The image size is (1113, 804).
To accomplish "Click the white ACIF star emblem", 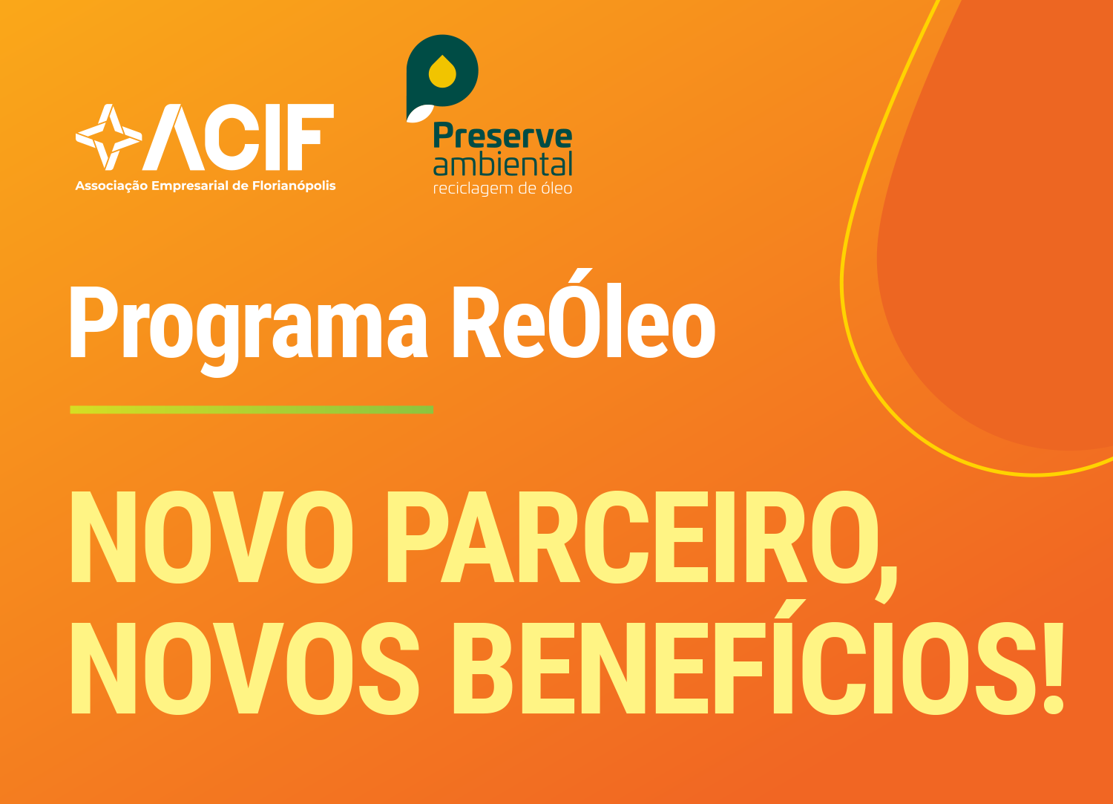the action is pos(109,137).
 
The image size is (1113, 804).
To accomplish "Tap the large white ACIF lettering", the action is pos(238,137).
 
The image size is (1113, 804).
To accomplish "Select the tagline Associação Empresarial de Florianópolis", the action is pos(206,186).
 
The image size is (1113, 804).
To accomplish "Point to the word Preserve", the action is pos(503,135).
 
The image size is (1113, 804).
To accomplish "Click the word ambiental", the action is pos(503,164).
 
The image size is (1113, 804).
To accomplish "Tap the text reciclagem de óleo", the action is pos(503,189).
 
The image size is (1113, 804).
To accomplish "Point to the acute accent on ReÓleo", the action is pos(580,275).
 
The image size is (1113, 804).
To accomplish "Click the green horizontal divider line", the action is pos(252,410).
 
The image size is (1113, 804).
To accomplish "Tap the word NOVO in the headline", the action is pos(212,537).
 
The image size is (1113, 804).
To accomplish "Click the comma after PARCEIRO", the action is pos(887,585).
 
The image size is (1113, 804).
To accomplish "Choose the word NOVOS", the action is pos(246,668).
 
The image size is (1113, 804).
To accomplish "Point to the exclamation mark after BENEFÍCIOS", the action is pos(1052,668).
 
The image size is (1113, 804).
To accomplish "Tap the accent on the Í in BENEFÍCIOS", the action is pos(790,608).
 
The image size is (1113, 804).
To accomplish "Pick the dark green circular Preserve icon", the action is pos(441,72).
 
